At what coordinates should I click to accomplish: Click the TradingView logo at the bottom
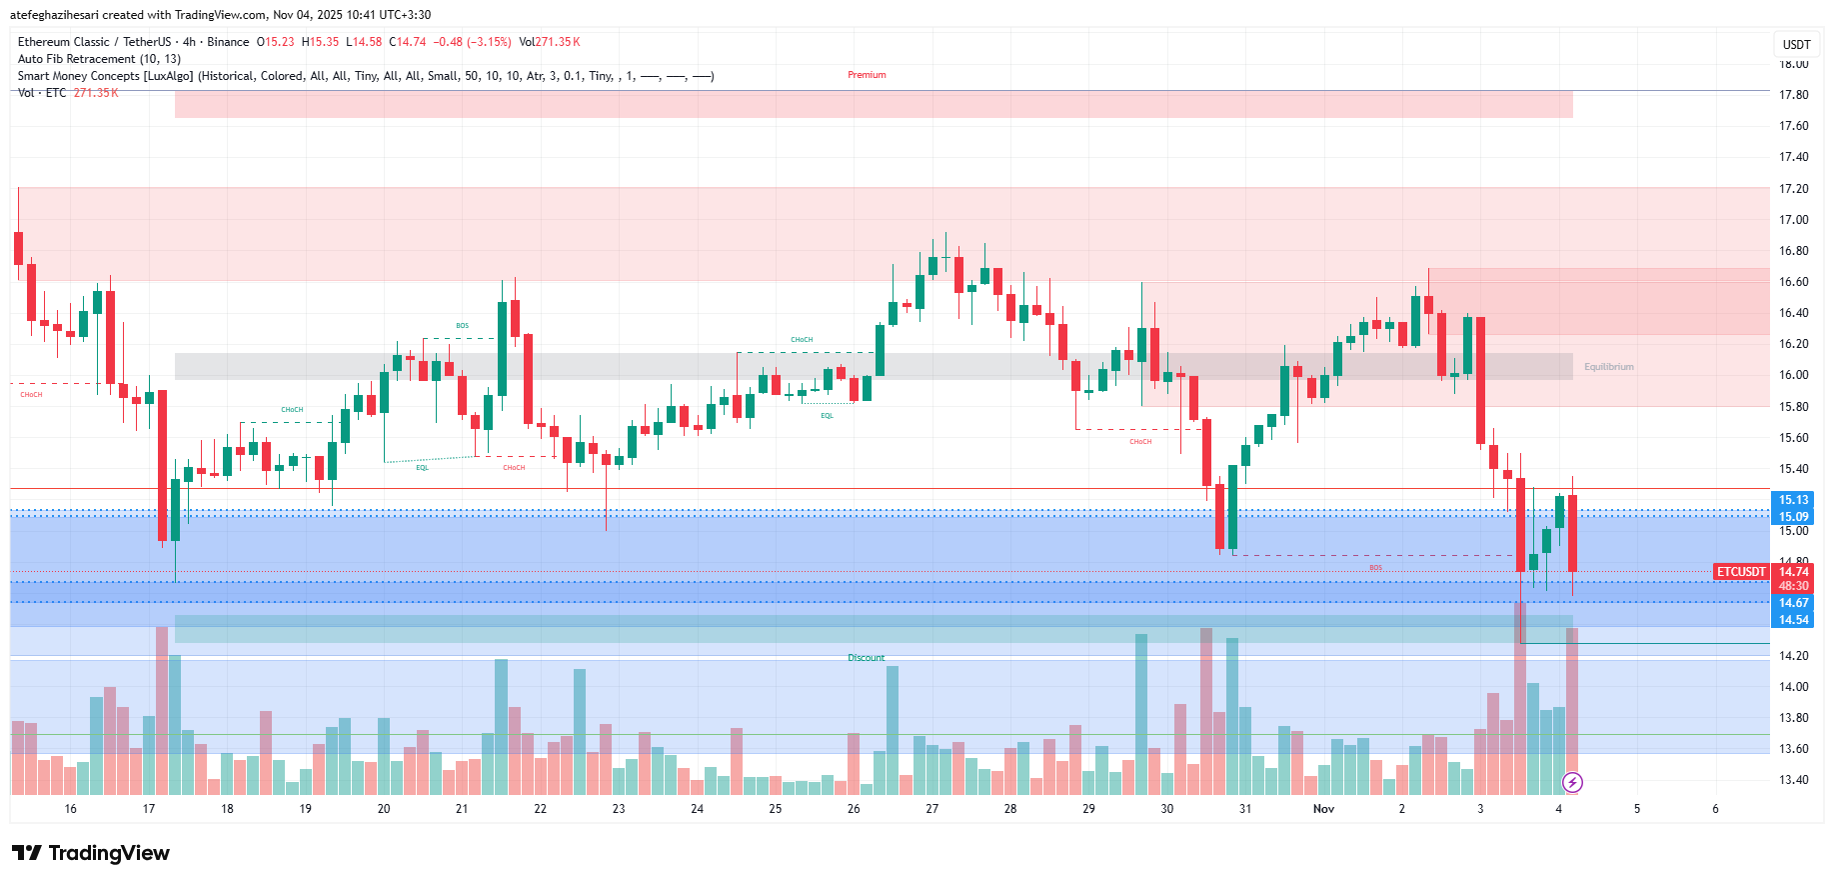click(91, 853)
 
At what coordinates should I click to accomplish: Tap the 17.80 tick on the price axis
click(1793, 95)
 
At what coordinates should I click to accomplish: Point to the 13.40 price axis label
click(1793, 780)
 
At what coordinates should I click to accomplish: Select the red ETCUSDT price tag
click(1741, 572)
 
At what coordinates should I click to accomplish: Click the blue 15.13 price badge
click(1793, 500)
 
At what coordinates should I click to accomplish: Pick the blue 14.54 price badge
click(1793, 620)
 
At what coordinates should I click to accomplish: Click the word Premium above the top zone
click(867, 75)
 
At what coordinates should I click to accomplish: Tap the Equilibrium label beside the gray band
click(1608, 367)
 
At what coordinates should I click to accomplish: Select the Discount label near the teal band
click(866, 658)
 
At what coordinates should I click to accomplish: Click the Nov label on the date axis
click(1323, 809)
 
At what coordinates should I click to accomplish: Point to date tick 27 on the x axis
click(931, 809)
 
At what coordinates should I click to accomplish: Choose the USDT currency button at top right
click(1796, 44)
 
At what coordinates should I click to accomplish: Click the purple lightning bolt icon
click(1572, 782)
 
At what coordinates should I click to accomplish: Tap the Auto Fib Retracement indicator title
click(99, 59)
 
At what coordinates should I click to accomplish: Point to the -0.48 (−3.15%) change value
click(472, 42)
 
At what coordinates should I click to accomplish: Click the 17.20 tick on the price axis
click(1793, 189)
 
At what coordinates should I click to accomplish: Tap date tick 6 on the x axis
click(1715, 809)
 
